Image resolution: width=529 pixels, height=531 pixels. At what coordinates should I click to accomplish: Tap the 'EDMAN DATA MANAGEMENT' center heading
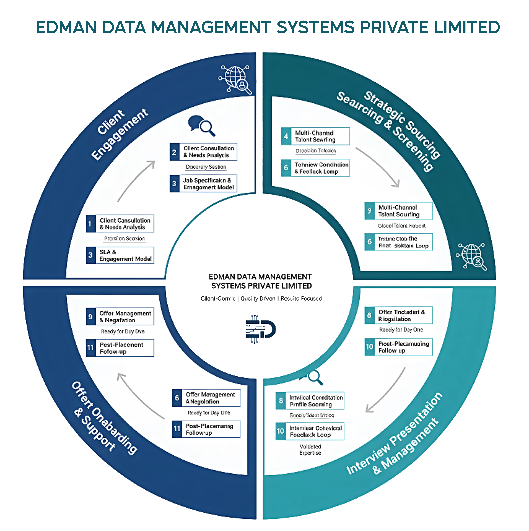tap(260, 277)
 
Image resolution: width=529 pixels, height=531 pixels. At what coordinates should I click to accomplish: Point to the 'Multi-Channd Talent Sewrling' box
tap(315, 136)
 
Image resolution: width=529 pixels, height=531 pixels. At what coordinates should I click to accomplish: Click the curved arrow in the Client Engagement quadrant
tap(136, 181)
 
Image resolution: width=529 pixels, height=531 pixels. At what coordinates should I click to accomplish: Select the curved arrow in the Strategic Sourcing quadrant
tap(378, 166)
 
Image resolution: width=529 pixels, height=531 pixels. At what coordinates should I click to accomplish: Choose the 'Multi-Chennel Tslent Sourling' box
tap(399, 211)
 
